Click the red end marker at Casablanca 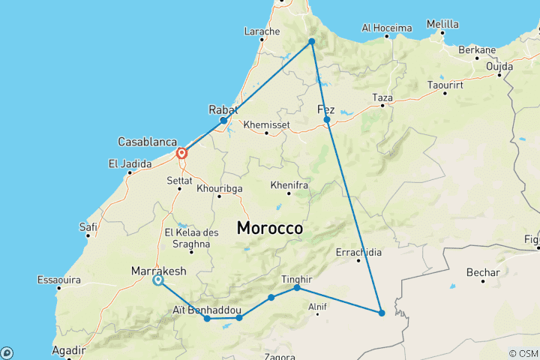(x=181, y=154)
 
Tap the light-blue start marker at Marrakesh (x=158, y=280)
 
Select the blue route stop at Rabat (x=223, y=120)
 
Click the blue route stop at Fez (x=327, y=119)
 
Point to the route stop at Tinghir (x=297, y=288)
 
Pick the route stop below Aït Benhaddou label (x=207, y=319)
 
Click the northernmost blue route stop (x=311, y=42)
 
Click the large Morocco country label (x=270, y=228)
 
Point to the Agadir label (x=68, y=350)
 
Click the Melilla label (x=442, y=24)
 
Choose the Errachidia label (x=359, y=251)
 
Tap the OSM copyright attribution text (x=523, y=353)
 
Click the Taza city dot (x=382, y=106)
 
